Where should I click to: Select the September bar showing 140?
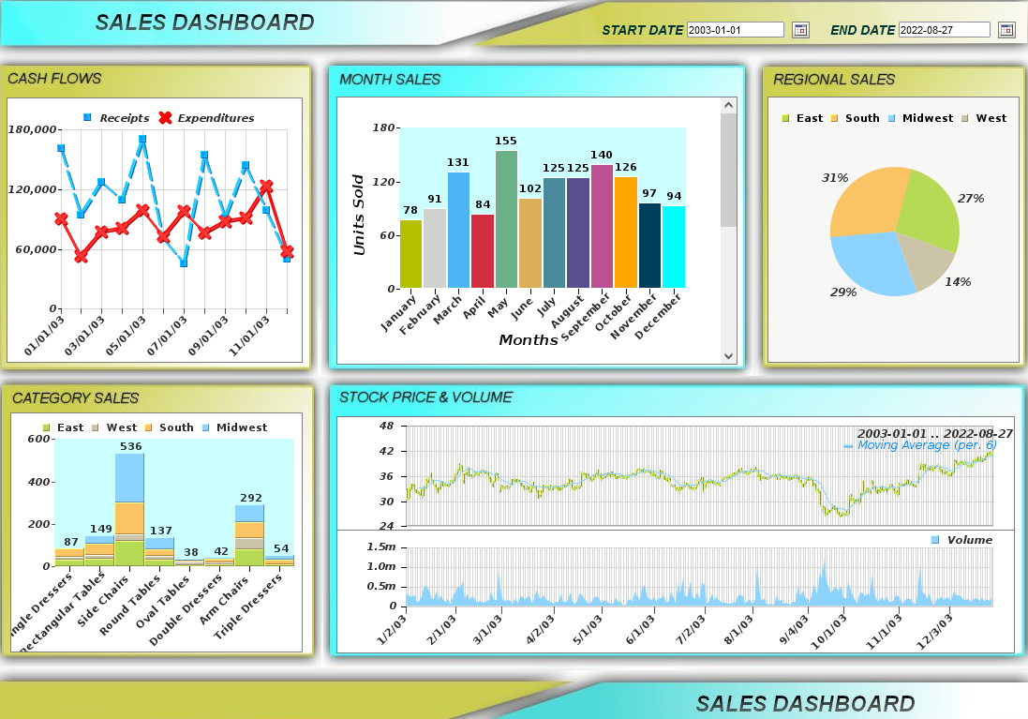tap(602, 226)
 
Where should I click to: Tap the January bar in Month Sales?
tap(410, 253)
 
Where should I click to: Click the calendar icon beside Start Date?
tap(800, 30)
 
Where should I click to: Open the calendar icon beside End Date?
tap(1006, 30)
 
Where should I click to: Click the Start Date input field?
tap(735, 30)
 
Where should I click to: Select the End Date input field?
tap(944, 30)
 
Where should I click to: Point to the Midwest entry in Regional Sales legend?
tap(927, 118)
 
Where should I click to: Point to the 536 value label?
tap(130, 446)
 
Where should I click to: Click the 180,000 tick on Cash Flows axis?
tap(34, 129)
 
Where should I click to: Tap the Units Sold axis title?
tap(359, 215)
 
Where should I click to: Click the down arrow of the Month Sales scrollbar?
tap(728, 355)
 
